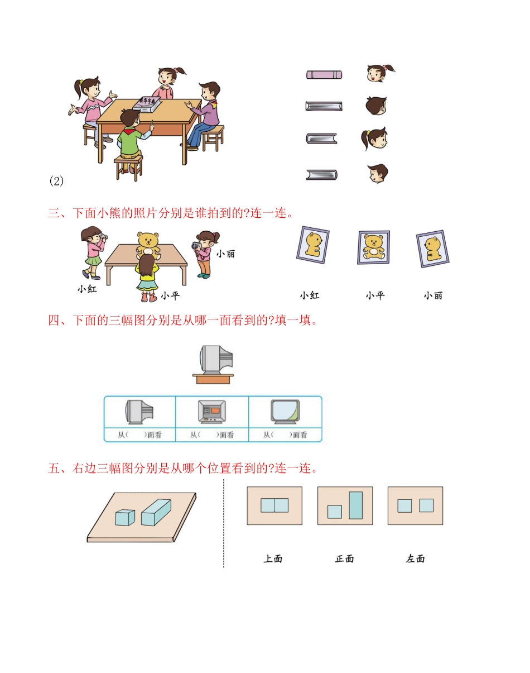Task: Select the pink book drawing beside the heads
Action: click(324, 75)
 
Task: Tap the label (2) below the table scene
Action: click(57, 181)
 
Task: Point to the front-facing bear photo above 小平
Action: click(374, 247)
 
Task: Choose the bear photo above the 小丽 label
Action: click(432, 249)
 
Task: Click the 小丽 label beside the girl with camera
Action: click(225, 254)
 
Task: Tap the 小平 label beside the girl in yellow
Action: click(170, 295)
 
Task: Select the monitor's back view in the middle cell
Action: click(212, 412)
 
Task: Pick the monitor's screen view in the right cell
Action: click(285, 412)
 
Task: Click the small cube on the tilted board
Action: click(125, 517)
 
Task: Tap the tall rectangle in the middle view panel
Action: click(355, 505)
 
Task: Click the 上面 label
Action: click(273, 559)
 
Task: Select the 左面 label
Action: click(416, 559)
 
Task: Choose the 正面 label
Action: click(344, 559)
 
